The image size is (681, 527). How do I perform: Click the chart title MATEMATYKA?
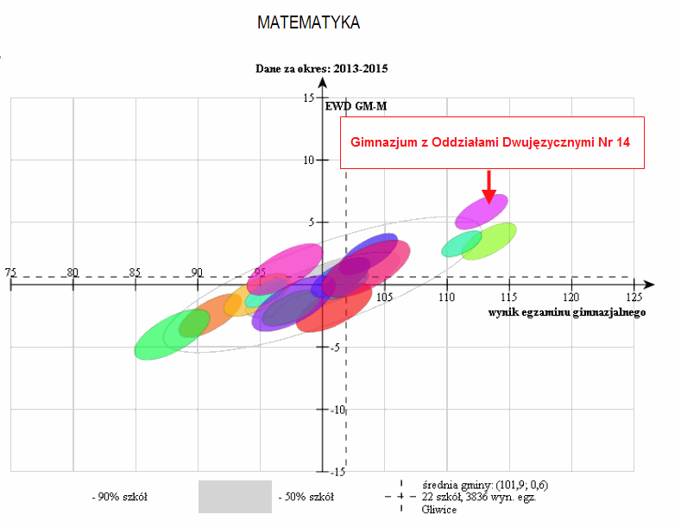tap(308, 22)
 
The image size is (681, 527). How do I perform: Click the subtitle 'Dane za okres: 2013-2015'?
tap(321, 69)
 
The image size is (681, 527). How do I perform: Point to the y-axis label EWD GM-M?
tap(356, 106)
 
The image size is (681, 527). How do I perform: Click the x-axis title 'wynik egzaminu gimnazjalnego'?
tap(567, 312)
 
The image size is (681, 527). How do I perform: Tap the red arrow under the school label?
tap(489, 187)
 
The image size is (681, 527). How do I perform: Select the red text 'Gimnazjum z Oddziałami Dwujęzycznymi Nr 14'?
tap(490, 142)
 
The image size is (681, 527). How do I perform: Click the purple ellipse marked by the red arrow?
tap(482, 211)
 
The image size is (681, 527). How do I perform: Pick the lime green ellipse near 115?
tap(489, 242)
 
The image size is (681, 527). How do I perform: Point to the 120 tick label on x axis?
tap(571, 298)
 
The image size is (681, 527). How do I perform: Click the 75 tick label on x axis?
tap(10, 273)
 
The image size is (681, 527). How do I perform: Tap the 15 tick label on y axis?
tap(309, 97)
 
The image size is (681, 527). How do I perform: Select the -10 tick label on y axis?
tap(337, 410)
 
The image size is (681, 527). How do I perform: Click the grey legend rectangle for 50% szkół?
tap(235, 497)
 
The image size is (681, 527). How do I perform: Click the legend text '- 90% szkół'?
tap(120, 497)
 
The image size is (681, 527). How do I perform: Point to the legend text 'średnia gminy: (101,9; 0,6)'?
tap(485, 485)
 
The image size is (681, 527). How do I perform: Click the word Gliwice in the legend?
tap(439, 510)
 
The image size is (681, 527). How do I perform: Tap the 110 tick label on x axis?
tap(446, 298)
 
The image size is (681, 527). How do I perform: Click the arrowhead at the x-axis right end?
tap(649, 285)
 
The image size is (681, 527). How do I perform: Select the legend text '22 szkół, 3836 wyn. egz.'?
tap(479, 497)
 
